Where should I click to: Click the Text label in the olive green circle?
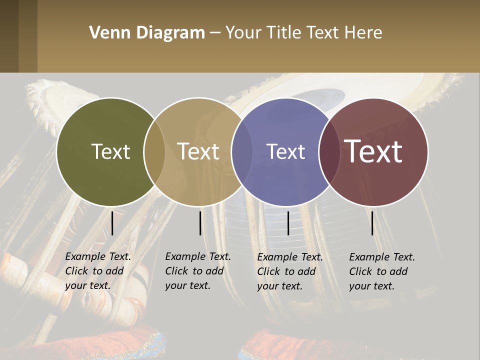click(110, 151)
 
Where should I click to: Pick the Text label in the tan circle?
click(198, 151)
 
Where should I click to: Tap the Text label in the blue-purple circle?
click(285, 151)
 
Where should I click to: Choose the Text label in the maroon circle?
click(373, 151)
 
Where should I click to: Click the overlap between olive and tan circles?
click(154, 152)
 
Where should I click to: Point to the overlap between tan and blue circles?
click(241, 152)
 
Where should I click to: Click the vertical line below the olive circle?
click(112, 223)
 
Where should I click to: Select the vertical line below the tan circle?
click(200, 223)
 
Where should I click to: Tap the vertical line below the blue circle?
click(288, 223)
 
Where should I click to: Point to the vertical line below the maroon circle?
click(372, 223)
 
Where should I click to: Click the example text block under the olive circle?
click(97, 271)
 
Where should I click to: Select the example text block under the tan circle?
click(197, 271)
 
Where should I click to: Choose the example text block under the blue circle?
click(289, 271)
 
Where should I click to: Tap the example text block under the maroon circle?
click(381, 271)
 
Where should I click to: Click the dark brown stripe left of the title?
click(9, 36)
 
